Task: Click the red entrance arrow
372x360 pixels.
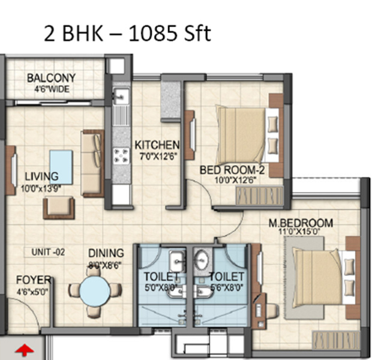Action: pos(25,350)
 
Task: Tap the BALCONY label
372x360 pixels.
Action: pos(51,78)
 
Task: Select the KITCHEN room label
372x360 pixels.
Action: pos(157,145)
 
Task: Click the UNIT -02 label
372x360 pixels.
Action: pos(48,252)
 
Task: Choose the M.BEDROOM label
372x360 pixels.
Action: pos(301,223)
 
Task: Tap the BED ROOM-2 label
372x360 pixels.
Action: pos(232,170)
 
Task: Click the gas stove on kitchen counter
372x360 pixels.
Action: pos(121,156)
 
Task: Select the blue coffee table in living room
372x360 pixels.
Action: pos(61,167)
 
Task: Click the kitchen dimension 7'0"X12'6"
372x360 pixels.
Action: pos(158,157)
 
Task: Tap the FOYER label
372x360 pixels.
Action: pos(34,280)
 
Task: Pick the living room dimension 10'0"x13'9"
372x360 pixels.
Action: pos(41,188)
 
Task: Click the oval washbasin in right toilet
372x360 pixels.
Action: pos(202,259)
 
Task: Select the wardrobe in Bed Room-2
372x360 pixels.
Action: pos(260,196)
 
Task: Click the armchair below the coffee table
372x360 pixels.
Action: pos(59,208)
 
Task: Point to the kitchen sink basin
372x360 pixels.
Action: pos(121,96)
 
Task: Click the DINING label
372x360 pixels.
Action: pos(106,253)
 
